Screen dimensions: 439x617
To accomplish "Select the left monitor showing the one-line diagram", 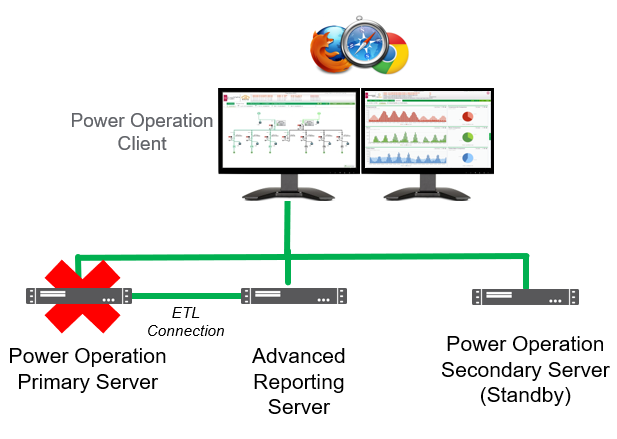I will (x=288, y=130).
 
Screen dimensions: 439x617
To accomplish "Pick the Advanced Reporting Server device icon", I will (x=294, y=296).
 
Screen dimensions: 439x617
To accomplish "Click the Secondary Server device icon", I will (x=524, y=297).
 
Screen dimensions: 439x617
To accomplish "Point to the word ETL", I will (x=186, y=313).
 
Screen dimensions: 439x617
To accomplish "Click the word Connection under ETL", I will (x=186, y=330).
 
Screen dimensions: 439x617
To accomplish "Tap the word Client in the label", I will (x=140, y=144).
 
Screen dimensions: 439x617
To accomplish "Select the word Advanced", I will (x=299, y=357).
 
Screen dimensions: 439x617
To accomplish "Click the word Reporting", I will (x=299, y=382).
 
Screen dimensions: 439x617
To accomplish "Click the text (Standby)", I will (x=525, y=395).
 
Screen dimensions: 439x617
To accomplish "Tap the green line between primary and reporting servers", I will (x=186, y=296).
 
